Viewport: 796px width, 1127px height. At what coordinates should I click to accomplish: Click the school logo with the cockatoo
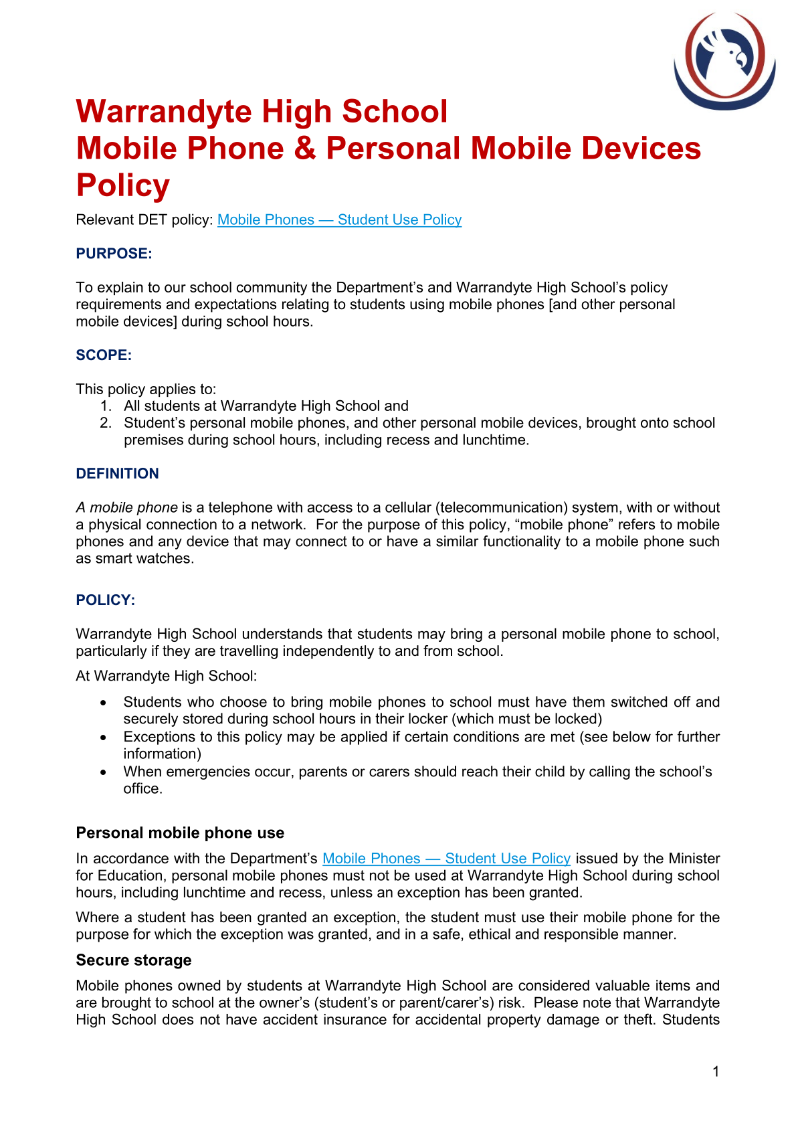pyautogui.click(x=724, y=61)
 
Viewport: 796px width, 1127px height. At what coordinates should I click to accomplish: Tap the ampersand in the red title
pyautogui.click(x=304, y=149)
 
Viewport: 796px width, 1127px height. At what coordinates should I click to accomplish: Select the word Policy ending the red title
pyautogui.click(x=123, y=185)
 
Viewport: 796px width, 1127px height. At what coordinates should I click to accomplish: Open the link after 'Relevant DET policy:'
pyautogui.click(x=339, y=220)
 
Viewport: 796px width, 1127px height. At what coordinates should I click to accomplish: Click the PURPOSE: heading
pyautogui.click(x=114, y=254)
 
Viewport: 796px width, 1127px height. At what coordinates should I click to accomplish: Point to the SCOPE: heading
pyautogui.click(x=104, y=355)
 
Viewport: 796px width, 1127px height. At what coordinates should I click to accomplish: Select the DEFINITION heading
pyautogui.click(x=117, y=474)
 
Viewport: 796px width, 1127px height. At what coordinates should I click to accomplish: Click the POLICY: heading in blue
pyautogui.click(x=105, y=600)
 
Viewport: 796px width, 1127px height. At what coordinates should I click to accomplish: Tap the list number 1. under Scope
pyautogui.click(x=106, y=406)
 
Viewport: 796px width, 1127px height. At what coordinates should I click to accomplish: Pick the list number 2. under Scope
pyautogui.click(x=106, y=423)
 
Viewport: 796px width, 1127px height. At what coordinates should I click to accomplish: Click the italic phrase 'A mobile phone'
pyautogui.click(x=126, y=508)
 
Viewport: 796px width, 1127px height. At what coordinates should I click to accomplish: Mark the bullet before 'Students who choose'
pyautogui.click(x=103, y=703)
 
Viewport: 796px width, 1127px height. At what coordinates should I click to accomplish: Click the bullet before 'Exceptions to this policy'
pyautogui.click(x=103, y=738)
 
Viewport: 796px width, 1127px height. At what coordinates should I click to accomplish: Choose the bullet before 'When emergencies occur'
pyautogui.click(x=103, y=772)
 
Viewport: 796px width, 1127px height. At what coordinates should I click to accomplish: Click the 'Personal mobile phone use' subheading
pyautogui.click(x=180, y=833)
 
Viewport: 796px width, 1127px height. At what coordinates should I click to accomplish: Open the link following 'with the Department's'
pyautogui.click(x=446, y=859)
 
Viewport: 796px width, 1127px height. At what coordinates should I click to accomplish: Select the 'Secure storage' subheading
pyautogui.click(x=133, y=960)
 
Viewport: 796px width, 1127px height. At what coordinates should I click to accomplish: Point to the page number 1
pyautogui.click(x=716, y=1072)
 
